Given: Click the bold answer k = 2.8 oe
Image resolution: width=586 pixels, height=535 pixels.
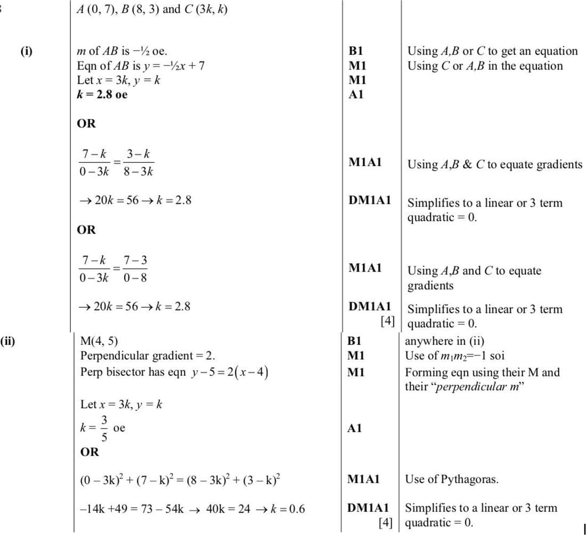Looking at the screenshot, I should coord(102,95).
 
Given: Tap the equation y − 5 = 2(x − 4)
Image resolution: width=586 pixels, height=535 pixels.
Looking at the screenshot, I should coord(229,372).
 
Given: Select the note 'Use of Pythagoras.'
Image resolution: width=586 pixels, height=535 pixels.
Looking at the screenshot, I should coord(452,479).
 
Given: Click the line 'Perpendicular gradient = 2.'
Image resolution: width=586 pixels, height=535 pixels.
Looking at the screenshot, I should coord(148,356).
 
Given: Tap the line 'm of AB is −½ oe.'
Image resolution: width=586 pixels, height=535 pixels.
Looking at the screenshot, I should coord(122,52).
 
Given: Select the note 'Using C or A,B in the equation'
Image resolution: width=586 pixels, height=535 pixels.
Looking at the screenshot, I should coord(485,66).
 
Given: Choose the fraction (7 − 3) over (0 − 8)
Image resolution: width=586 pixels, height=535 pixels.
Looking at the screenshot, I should coord(135,269).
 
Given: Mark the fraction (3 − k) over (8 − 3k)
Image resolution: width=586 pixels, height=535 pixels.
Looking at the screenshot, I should coord(137,162).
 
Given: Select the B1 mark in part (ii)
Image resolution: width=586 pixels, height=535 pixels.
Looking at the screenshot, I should coord(355,341).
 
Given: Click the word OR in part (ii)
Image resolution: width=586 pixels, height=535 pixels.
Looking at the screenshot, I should coord(88,452).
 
